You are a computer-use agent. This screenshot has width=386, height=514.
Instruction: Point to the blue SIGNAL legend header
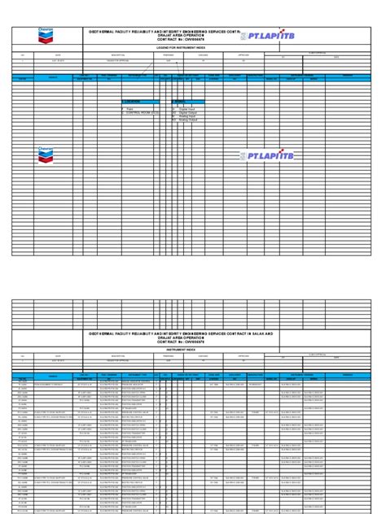point(180,102)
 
